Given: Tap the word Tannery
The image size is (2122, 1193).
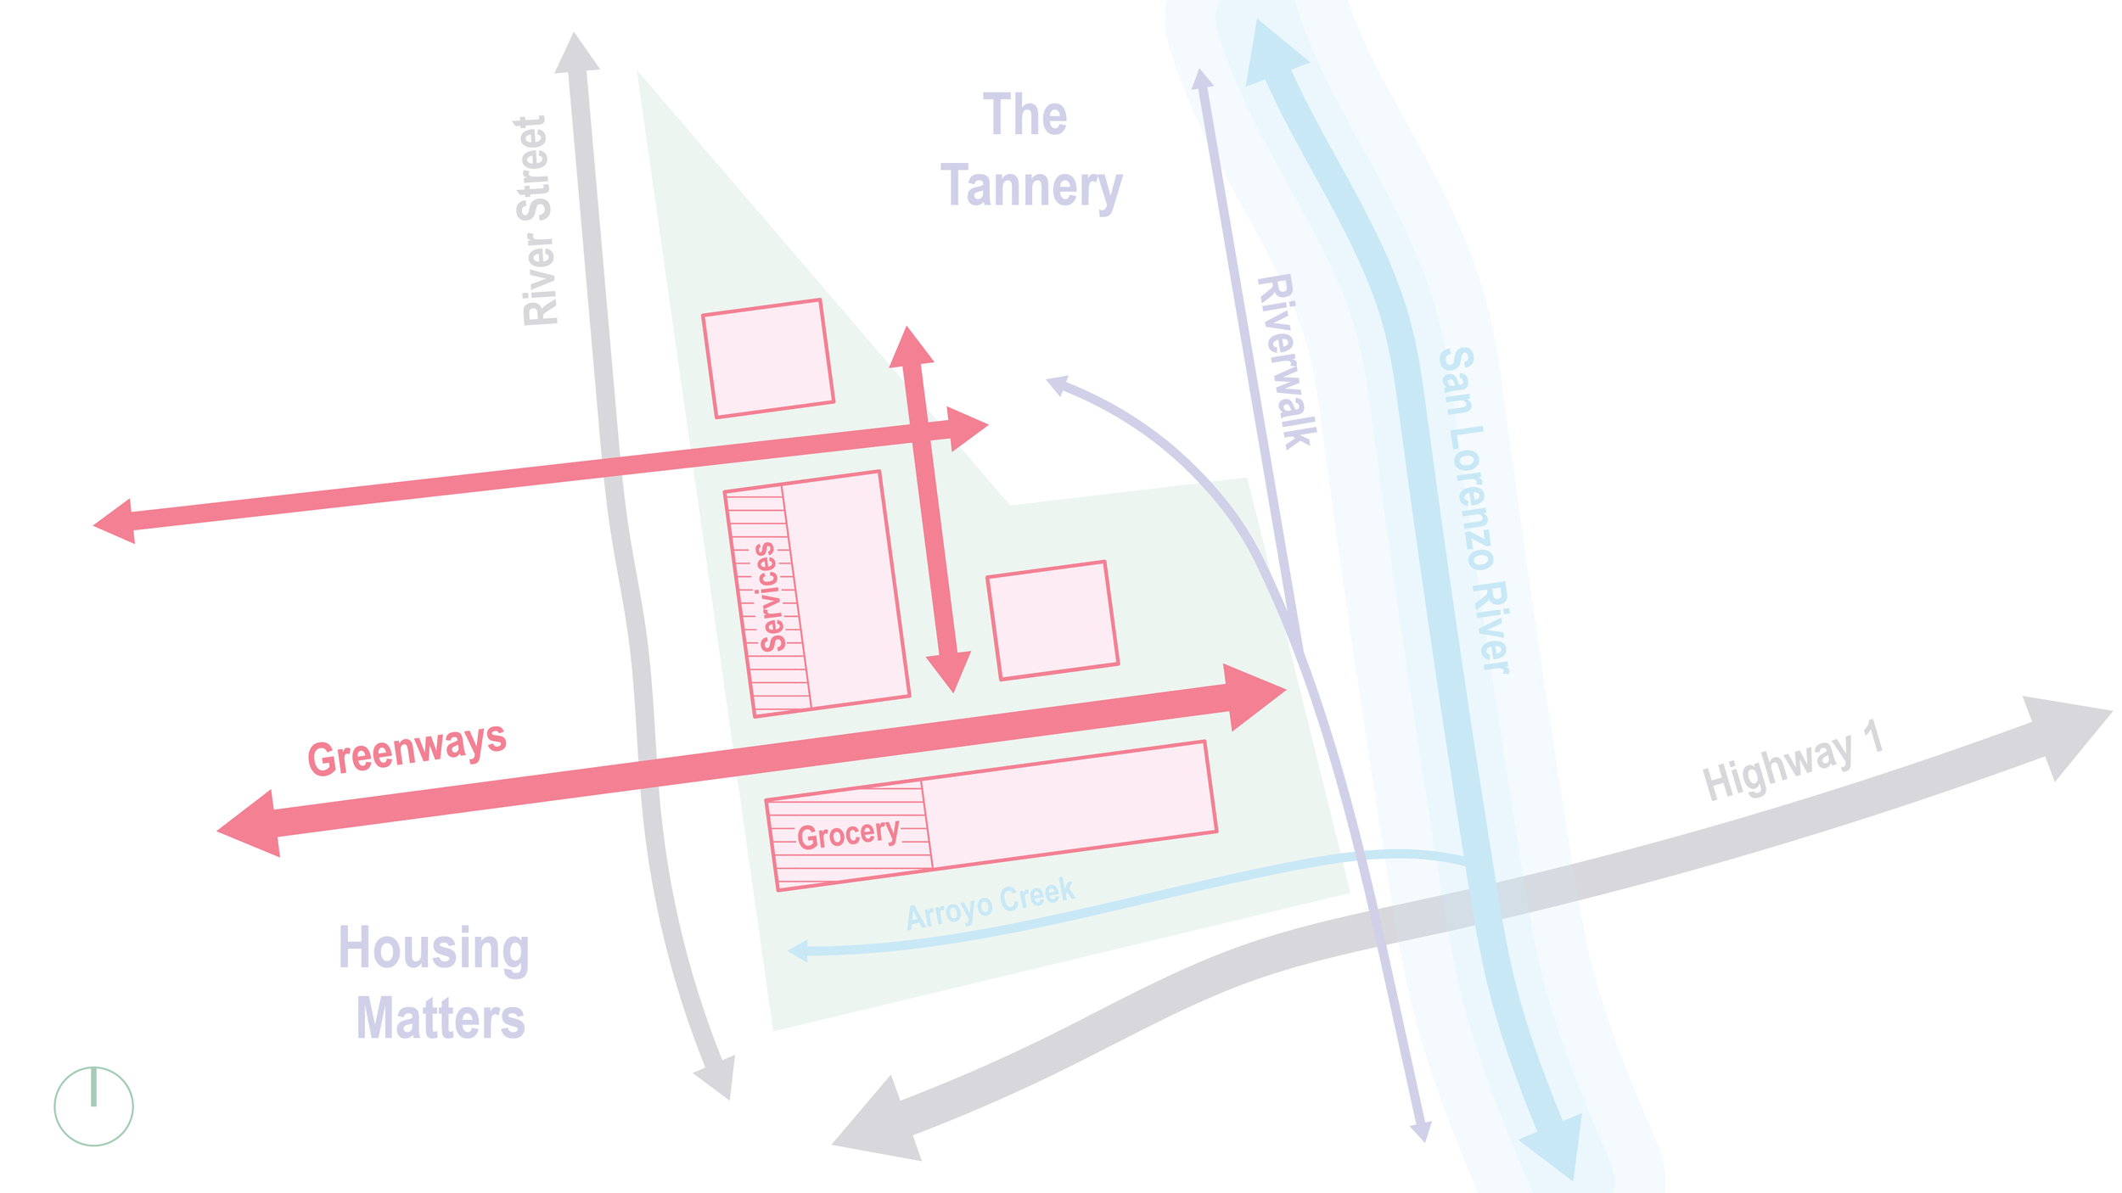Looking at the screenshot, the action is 1030,187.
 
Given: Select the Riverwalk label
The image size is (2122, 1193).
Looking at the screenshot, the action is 1287,361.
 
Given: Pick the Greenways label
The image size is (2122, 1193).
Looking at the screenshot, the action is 407,749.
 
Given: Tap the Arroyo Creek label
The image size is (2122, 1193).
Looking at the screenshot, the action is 990,905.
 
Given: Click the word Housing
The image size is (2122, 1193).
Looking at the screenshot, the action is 434,948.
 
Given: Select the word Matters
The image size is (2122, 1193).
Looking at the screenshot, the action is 441,1019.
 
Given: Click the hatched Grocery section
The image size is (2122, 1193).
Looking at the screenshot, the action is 849,835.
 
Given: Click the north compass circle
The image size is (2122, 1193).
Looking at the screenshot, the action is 93,1106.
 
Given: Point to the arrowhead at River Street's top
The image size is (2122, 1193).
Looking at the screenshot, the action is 576,53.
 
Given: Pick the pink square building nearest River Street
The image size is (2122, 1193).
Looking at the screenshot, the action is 767,358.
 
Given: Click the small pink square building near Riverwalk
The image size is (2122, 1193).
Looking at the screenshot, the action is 1052,620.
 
